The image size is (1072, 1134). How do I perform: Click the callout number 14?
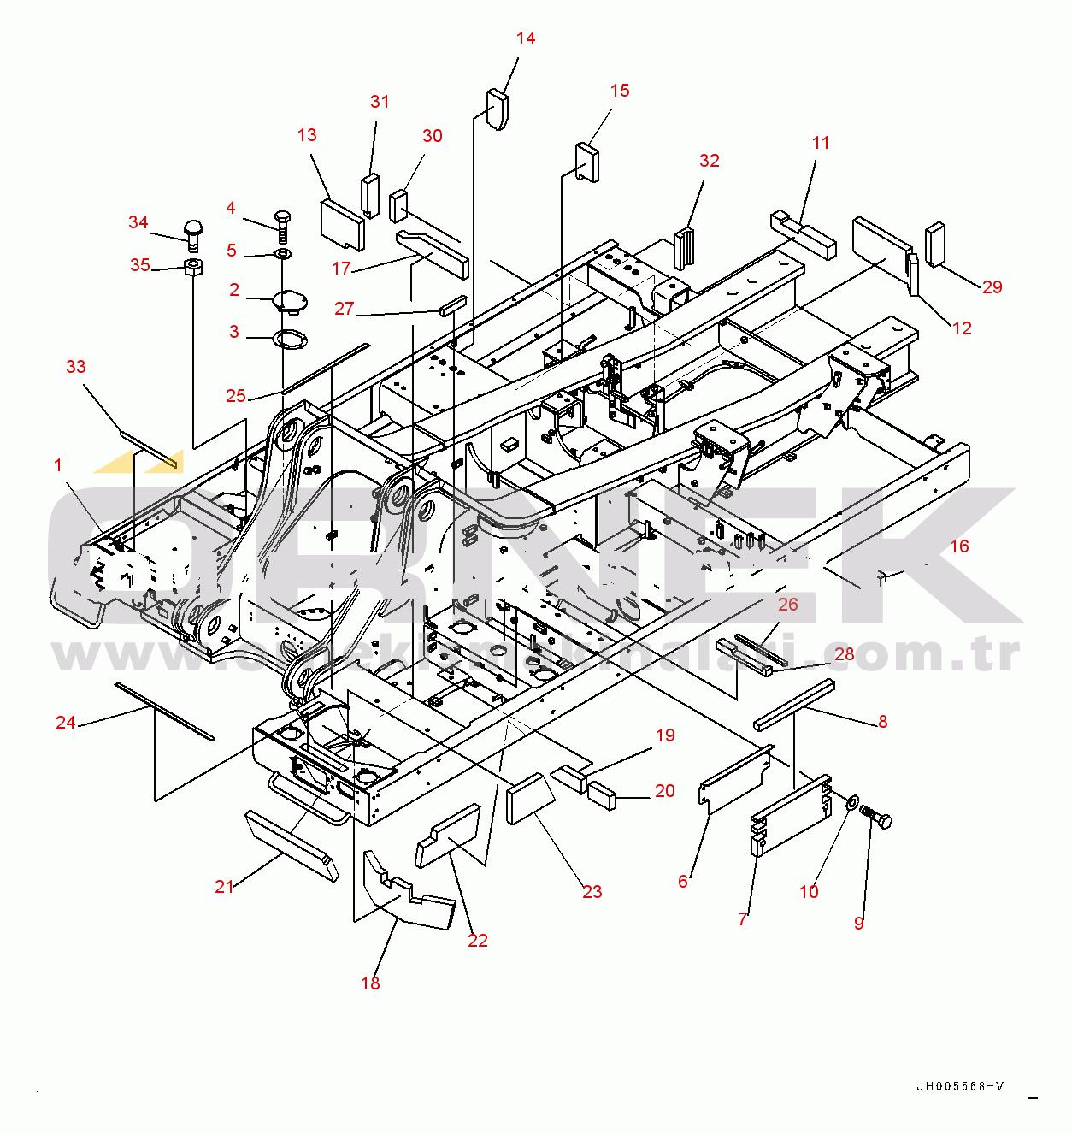tap(526, 38)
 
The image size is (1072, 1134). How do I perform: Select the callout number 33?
tap(76, 367)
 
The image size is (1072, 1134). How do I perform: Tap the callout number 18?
tap(370, 983)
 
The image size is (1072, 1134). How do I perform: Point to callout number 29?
tap(992, 287)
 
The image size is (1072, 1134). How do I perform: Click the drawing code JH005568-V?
tap(960, 1087)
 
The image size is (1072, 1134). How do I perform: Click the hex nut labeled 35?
tap(193, 267)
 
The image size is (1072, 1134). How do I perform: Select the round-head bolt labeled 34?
tap(193, 231)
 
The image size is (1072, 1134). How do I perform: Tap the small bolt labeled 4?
tap(284, 221)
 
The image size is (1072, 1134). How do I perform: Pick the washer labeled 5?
tap(282, 254)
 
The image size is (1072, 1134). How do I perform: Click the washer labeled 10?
tap(852, 803)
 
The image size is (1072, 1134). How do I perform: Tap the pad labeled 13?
tap(342, 223)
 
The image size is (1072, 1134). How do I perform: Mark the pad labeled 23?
tap(532, 798)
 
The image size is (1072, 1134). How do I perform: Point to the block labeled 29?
tap(936, 243)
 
